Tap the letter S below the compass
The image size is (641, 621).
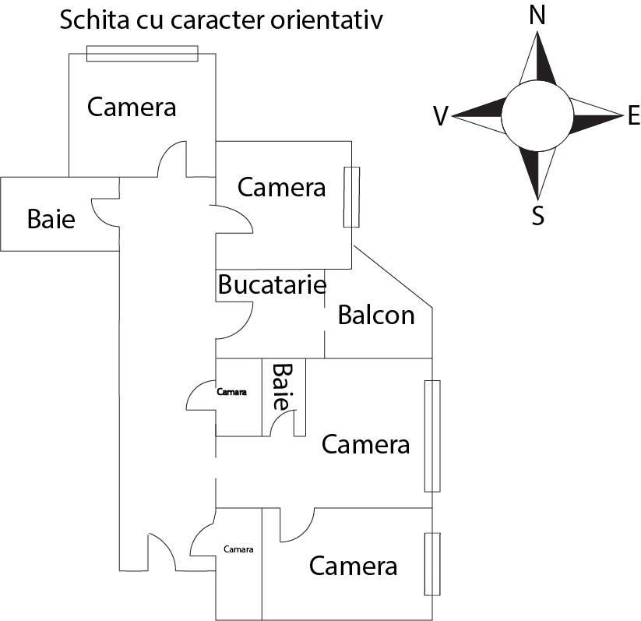click(x=537, y=216)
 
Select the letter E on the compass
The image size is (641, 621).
click(x=632, y=117)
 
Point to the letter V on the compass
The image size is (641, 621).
click(x=440, y=117)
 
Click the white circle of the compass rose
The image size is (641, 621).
click(x=537, y=116)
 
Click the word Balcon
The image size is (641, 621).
click(x=376, y=315)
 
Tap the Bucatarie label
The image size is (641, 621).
click(x=271, y=284)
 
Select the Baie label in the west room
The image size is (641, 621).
click(x=51, y=219)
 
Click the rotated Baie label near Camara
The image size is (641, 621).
click(x=281, y=386)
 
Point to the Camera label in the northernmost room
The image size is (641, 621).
click(x=132, y=106)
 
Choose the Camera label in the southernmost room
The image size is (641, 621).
click(x=353, y=566)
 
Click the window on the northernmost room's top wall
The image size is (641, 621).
click(x=142, y=53)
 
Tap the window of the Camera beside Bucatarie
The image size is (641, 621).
click(x=351, y=197)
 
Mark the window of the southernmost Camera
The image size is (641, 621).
click(x=431, y=563)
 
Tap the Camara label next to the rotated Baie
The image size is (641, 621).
click(x=231, y=392)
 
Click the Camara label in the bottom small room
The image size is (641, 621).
click(x=238, y=549)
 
